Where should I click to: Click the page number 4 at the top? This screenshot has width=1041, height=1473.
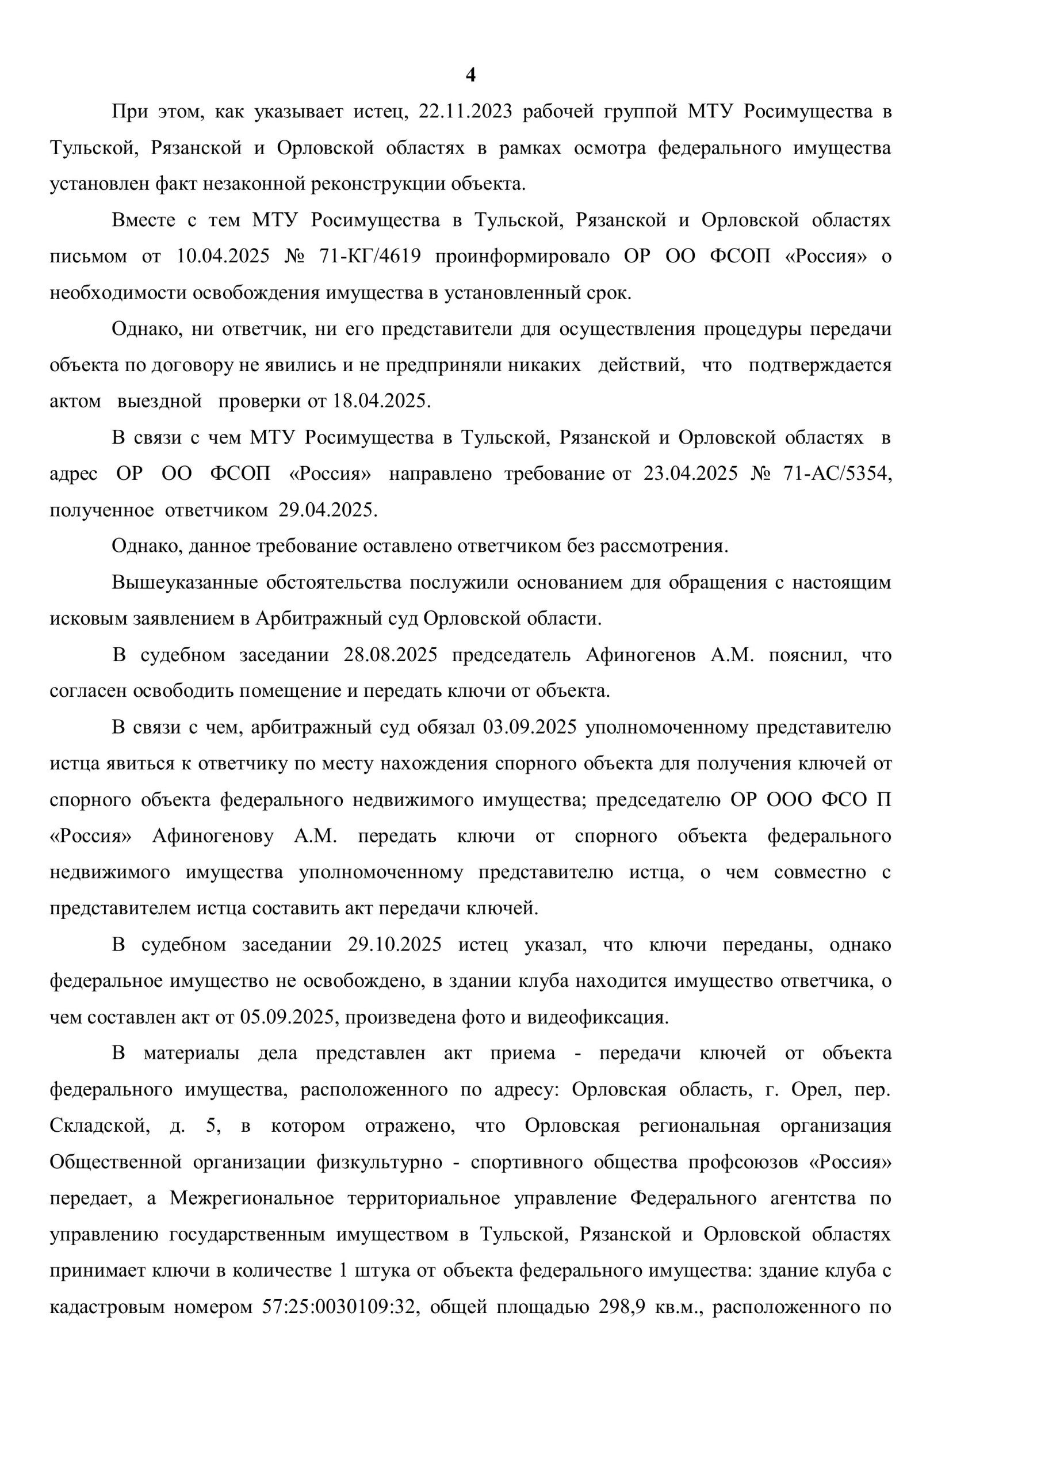(x=470, y=76)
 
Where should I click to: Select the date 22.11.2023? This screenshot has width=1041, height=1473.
(x=466, y=112)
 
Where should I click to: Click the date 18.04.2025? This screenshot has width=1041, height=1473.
(x=379, y=402)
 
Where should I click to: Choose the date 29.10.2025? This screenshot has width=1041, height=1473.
(x=395, y=945)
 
